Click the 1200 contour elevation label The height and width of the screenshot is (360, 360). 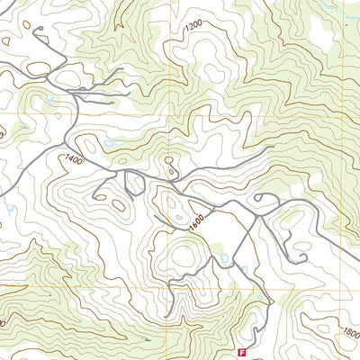pyautogui.click(x=191, y=29)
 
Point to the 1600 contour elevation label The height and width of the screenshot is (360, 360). pyautogui.click(x=198, y=219)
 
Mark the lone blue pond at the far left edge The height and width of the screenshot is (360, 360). pyautogui.click(x=9, y=209)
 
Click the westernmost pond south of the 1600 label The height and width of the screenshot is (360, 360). pyautogui.click(x=224, y=258)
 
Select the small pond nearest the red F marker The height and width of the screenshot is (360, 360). pyautogui.click(x=260, y=297)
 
